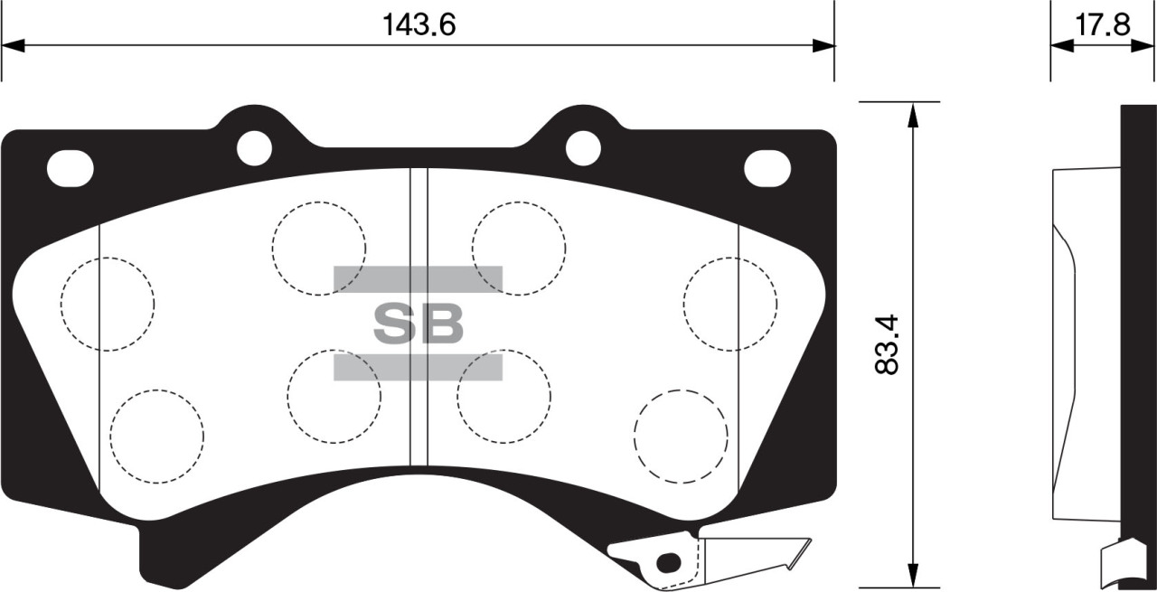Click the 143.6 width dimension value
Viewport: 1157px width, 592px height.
pyautogui.click(x=418, y=24)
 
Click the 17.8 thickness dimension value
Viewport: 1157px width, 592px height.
pyautogui.click(x=1102, y=24)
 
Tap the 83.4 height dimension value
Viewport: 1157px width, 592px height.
pyautogui.click(x=888, y=344)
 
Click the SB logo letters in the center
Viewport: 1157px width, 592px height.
pyautogui.click(x=418, y=323)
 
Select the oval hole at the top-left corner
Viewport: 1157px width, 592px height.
pyautogui.click(x=71, y=168)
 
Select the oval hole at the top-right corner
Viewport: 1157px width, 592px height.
pyautogui.click(x=767, y=168)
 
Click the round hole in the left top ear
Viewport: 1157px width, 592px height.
pyautogui.click(x=254, y=148)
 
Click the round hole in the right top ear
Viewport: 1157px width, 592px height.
pyautogui.click(x=583, y=148)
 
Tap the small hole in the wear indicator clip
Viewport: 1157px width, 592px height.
pyautogui.click(x=667, y=562)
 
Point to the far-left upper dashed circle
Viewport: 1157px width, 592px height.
pyautogui.click(x=108, y=304)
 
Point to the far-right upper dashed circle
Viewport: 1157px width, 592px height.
pyautogui.click(x=729, y=304)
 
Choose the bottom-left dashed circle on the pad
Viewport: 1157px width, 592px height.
pyautogui.click(x=156, y=437)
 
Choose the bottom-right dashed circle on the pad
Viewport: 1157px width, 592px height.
pyautogui.click(x=681, y=437)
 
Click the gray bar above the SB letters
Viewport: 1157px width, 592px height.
pyautogui.click(x=418, y=279)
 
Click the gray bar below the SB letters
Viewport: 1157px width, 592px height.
pyautogui.click(x=418, y=366)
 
